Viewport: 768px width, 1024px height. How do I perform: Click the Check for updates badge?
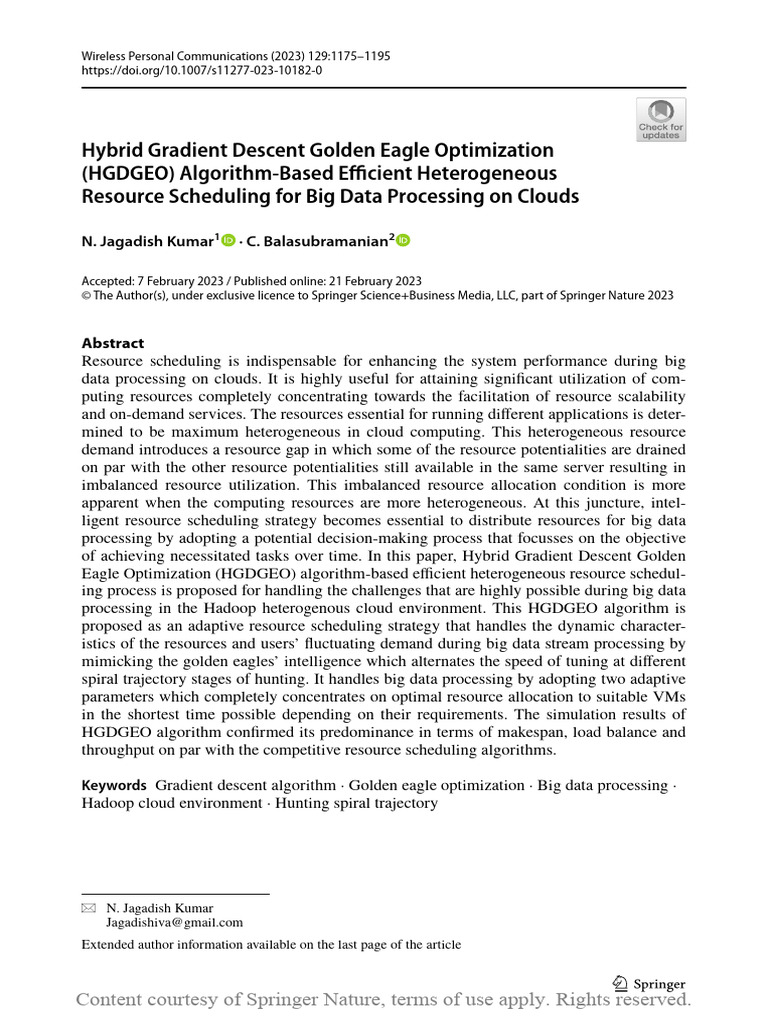(661, 119)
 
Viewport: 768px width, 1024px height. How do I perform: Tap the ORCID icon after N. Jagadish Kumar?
(227, 240)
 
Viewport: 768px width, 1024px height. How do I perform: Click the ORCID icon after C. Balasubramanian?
(403, 240)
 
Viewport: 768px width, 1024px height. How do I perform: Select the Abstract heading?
(112, 343)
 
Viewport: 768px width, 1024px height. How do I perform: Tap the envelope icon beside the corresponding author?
(89, 908)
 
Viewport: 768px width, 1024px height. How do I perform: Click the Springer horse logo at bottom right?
(619, 983)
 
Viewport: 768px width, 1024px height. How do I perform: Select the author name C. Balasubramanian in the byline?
(317, 241)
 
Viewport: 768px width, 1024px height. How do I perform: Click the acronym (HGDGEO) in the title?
(125, 173)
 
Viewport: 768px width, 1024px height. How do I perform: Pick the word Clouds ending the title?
(548, 196)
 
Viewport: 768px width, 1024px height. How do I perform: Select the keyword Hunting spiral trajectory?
(356, 803)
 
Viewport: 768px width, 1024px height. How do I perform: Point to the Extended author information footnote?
(271, 945)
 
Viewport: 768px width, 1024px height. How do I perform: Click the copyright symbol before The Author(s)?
(86, 296)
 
